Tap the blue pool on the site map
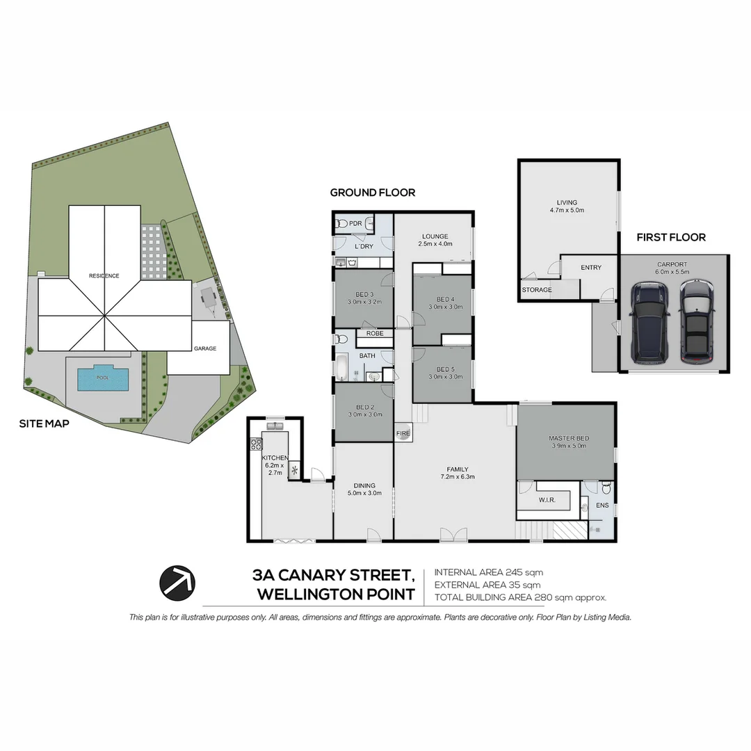click(x=103, y=378)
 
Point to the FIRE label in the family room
click(x=403, y=433)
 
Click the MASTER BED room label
click(x=568, y=438)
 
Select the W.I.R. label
click(x=547, y=500)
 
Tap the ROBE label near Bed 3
click(x=375, y=334)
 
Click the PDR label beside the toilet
click(x=355, y=224)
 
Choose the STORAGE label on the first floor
click(x=537, y=290)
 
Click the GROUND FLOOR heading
click(x=372, y=193)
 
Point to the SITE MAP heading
click(x=44, y=423)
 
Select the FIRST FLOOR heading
click(x=670, y=238)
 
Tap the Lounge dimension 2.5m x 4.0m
click(x=435, y=244)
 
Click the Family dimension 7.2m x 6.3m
click(x=457, y=477)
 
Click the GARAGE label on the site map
click(x=205, y=348)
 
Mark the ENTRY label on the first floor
click(x=590, y=268)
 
